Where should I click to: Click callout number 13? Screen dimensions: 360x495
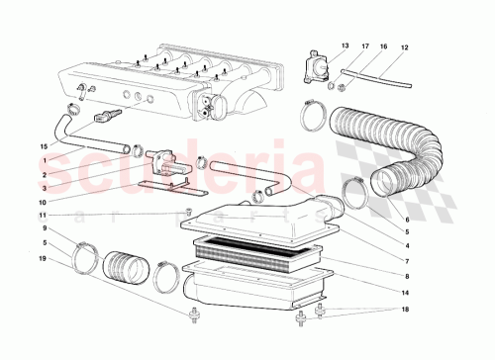346,46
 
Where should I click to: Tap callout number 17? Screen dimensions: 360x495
364,46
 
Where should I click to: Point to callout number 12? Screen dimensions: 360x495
404,46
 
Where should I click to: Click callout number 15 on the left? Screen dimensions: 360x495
44,146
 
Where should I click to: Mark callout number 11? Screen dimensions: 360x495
44,215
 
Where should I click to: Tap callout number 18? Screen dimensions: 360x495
406,310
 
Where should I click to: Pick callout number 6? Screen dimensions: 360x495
406,220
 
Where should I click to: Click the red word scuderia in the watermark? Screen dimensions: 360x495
247,163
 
